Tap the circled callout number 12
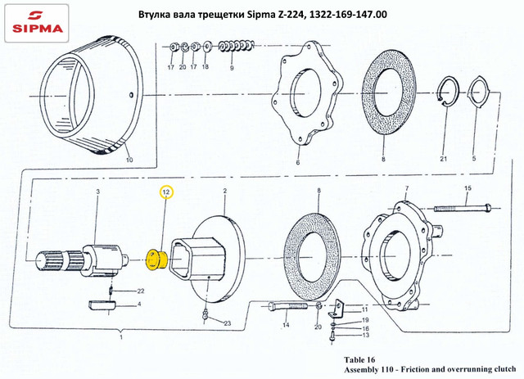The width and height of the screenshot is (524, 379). (165, 192)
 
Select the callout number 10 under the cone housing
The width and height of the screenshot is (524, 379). (129, 161)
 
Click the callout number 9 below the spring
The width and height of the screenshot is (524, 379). (232, 70)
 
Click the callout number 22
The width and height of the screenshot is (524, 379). (140, 291)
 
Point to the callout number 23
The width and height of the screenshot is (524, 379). (228, 324)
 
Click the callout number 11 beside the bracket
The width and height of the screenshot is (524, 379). (355, 309)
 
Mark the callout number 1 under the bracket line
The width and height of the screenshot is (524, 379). (121, 337)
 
